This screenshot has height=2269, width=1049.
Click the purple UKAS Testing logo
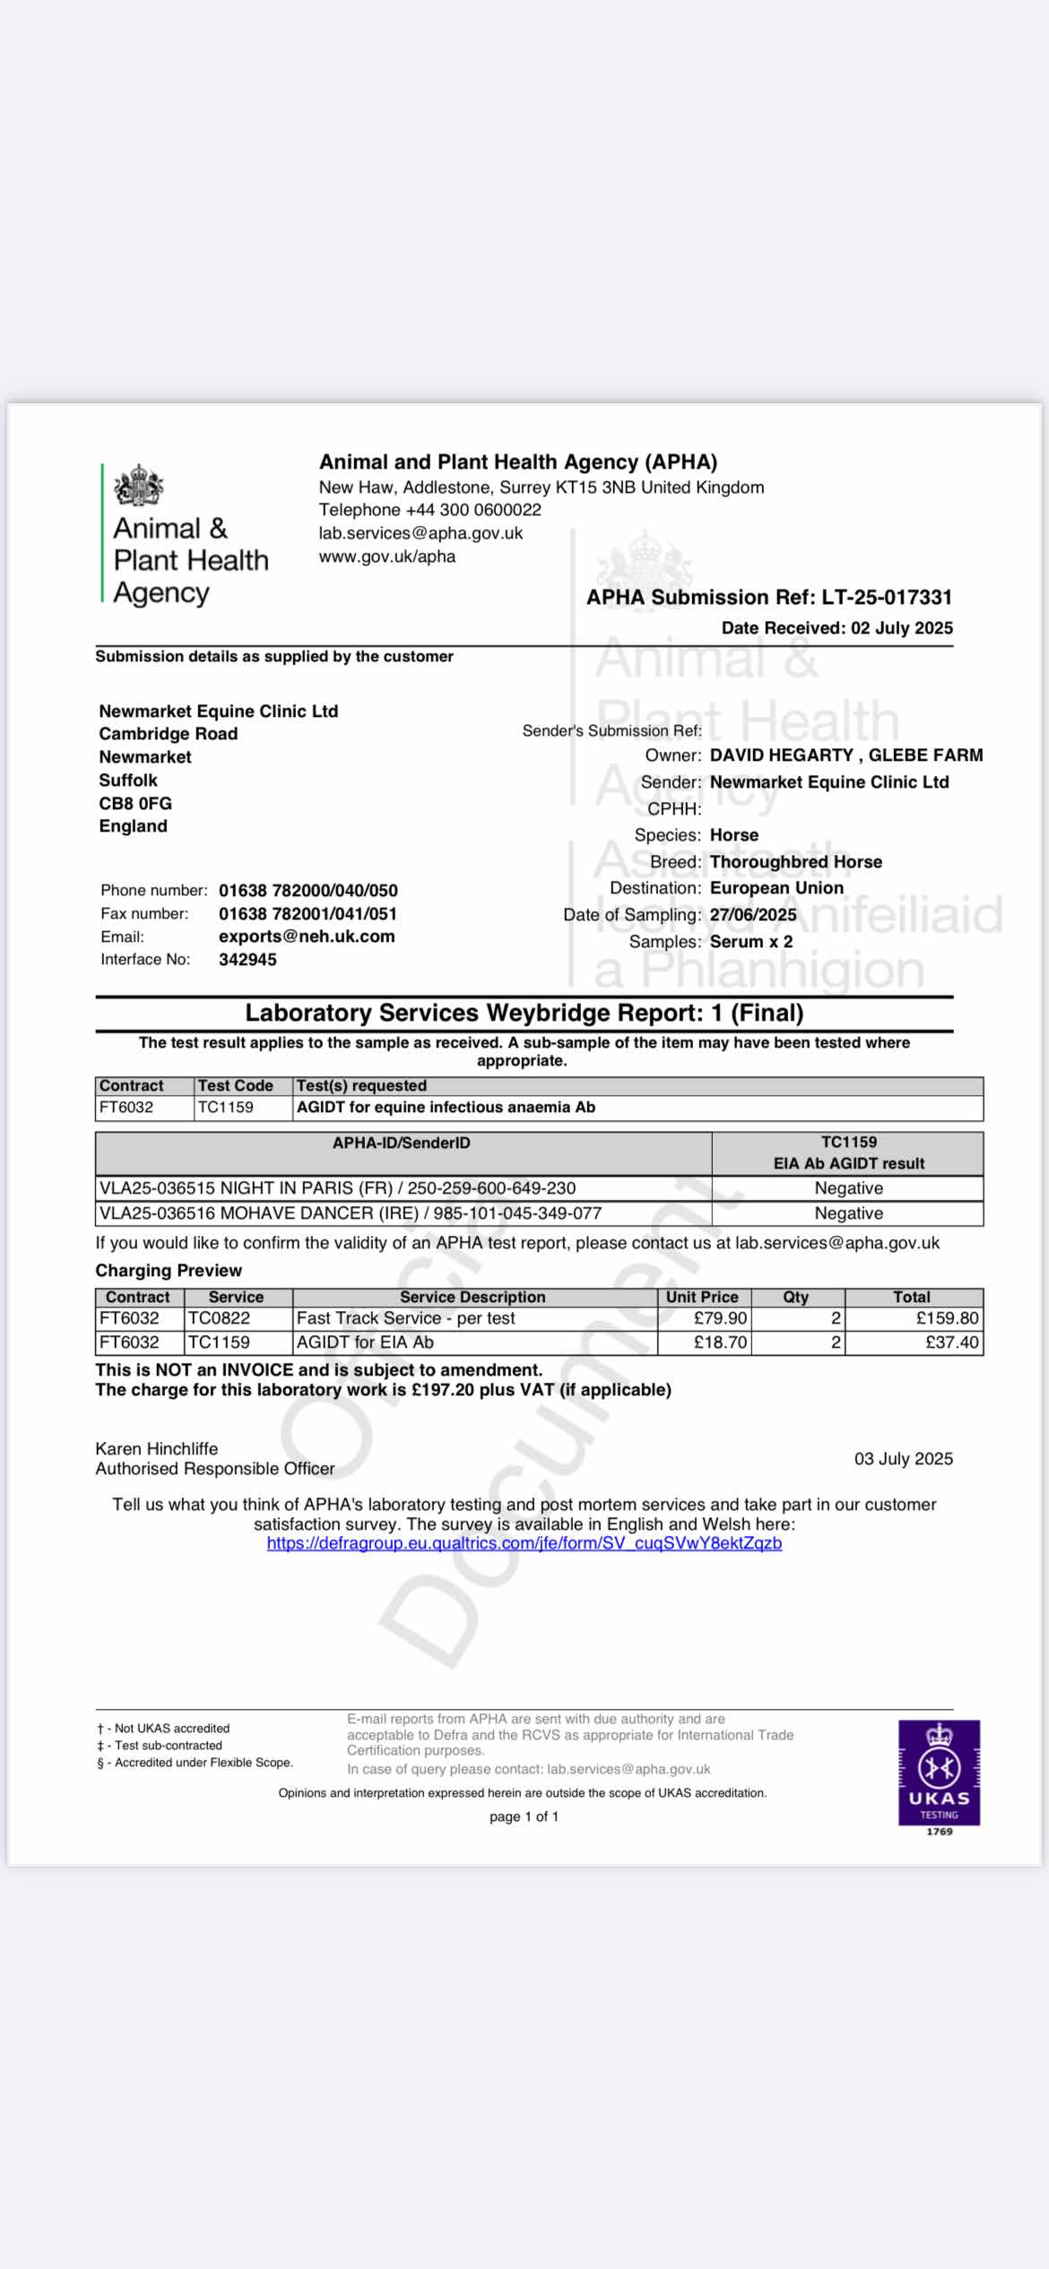pos(939,1772)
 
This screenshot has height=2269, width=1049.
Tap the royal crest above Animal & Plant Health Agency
pos(139,486)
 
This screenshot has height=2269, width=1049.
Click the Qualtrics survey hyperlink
pos(524,1543)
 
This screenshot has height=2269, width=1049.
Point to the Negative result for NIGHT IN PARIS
pos(848,1188)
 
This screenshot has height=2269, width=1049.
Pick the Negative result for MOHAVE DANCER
pos(848,1213)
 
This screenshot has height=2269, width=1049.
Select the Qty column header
pos(795,1297)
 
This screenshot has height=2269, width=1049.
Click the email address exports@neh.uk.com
pos(307,936)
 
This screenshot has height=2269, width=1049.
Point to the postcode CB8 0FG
pos(135,804)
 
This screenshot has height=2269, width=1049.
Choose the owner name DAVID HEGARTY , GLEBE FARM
pos(845,755)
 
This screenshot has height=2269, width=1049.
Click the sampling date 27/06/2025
pos(753,915)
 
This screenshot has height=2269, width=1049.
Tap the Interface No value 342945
pos(247,960)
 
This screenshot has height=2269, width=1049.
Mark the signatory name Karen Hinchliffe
pos(157,1448)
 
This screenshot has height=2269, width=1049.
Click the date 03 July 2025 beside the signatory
pos(903,1459)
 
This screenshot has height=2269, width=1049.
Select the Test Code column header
pos(235,1085)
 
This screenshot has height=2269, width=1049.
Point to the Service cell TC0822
pos(220,1318)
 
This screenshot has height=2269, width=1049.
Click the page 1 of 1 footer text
pos(524,1816)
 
